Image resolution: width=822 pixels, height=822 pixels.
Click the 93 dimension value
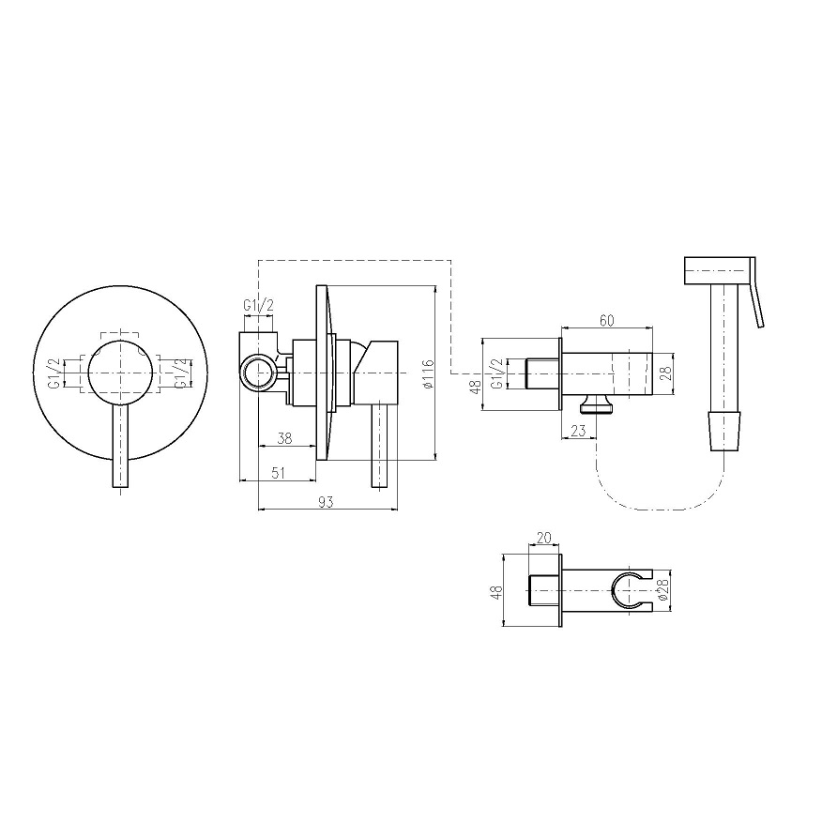[x=326, y=502]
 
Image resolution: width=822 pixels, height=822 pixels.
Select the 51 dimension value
[x=279, y=473]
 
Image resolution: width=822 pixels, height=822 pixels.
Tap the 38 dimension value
[x=284, y=438]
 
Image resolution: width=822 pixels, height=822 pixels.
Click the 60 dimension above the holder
[x=606, y=320]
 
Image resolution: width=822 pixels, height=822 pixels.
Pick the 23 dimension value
[x=578, y=431]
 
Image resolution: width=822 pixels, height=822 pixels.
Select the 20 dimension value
[x=544, y=538]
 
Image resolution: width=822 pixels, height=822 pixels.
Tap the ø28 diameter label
[x=662, y=590]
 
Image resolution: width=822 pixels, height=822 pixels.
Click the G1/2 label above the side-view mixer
[x=258, y=305]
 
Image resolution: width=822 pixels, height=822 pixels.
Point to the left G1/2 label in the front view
[x=55, y=373]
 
